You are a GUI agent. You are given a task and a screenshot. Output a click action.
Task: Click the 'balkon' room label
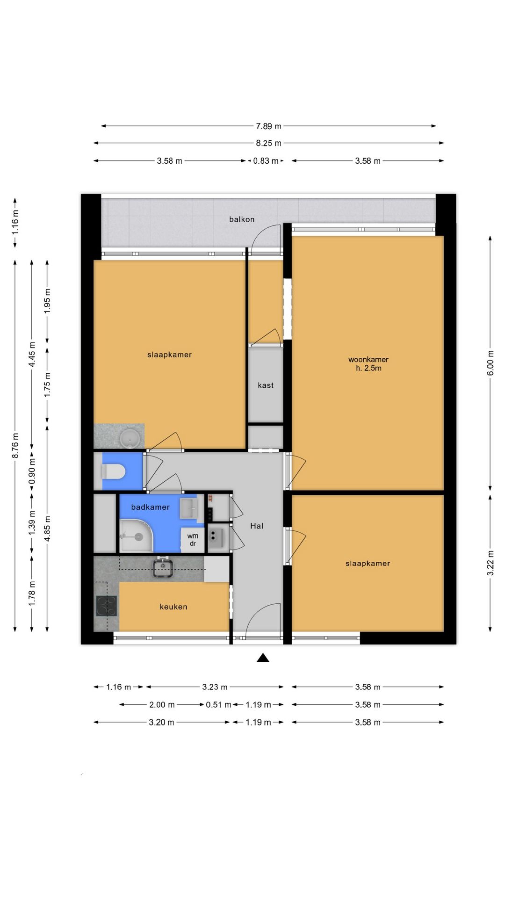(x=242, y=219)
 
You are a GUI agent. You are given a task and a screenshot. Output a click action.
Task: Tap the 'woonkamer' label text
(x=368, y=360)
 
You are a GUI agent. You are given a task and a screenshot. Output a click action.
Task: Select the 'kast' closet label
(x=266, y=385)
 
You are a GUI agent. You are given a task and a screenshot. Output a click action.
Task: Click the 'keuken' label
(x=173, y=607)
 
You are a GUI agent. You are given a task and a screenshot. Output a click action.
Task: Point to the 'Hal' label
(x=257, y=526)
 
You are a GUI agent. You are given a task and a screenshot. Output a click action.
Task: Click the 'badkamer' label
(x=150, y=507)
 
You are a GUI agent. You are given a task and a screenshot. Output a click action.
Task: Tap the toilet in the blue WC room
(x=113, y=471)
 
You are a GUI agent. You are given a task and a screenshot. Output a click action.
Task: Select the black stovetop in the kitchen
(x=107, y=606)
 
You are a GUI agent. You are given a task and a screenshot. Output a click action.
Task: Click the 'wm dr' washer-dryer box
(x=193, y=540)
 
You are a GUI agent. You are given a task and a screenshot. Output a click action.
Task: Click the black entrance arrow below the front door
(x=263, y=658)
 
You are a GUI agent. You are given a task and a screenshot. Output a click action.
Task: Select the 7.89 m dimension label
(x=268, y=126)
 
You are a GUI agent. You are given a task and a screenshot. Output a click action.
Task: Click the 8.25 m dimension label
(x=268, y=143)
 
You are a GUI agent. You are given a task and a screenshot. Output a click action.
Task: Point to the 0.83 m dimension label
(x=266, y=161)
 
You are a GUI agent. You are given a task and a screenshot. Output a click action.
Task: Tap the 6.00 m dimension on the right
(x=491, y=363)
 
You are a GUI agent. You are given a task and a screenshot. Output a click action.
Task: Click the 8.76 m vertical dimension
(x=15, y=446)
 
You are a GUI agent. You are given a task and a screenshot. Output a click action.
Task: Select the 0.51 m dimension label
(x=218, y=705)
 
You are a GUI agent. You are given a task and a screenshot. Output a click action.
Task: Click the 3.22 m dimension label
(x=491, y=563)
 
